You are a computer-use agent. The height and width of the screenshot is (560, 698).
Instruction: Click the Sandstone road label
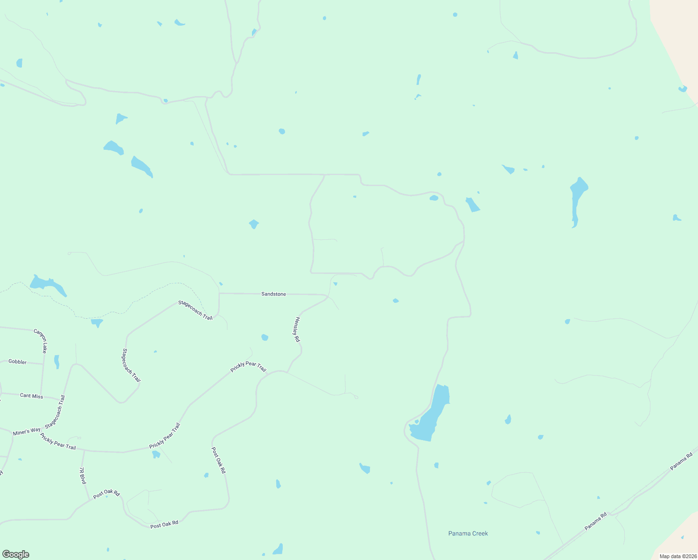click(x=273, y=294)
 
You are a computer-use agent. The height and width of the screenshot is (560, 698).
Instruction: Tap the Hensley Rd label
click(x=296, y=329)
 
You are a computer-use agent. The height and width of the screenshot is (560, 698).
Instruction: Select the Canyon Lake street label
click(x=41, y=341)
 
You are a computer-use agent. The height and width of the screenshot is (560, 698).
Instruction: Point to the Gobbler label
click(x=18, y=362)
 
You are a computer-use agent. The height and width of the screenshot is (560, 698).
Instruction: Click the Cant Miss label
click(x=31, y=396)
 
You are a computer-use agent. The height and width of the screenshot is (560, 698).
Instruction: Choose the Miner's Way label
click(x=27, y=432)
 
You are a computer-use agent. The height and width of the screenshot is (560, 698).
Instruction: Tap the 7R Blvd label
click(x=82, y=476)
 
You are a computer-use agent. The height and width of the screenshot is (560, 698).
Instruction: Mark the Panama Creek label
click(x=468, y=533)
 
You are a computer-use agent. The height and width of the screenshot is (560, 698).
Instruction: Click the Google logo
click(x=15, y=554)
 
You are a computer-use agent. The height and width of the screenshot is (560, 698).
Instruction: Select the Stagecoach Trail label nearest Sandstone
click(x=195, y=310)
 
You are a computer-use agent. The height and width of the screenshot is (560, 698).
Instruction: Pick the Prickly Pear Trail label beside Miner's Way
click(x=58, y=441)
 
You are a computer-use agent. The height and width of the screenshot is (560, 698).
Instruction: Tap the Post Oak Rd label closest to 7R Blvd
click(x=106, y=494)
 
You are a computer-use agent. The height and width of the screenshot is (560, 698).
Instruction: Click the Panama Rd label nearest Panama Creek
click(x=596, y=521)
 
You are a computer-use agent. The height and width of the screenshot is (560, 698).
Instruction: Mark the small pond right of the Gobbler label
click(x=56, y=362)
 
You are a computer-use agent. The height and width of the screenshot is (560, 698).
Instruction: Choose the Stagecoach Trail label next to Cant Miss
click(x=55, y=412)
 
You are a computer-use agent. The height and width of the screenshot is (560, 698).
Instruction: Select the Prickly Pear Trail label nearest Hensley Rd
click(x=248, y=367)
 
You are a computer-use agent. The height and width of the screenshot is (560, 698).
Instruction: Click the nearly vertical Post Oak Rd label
click(x=218, y=461)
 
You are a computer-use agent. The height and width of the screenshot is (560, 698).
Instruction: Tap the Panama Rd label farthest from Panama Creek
click(x=682, y=461)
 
